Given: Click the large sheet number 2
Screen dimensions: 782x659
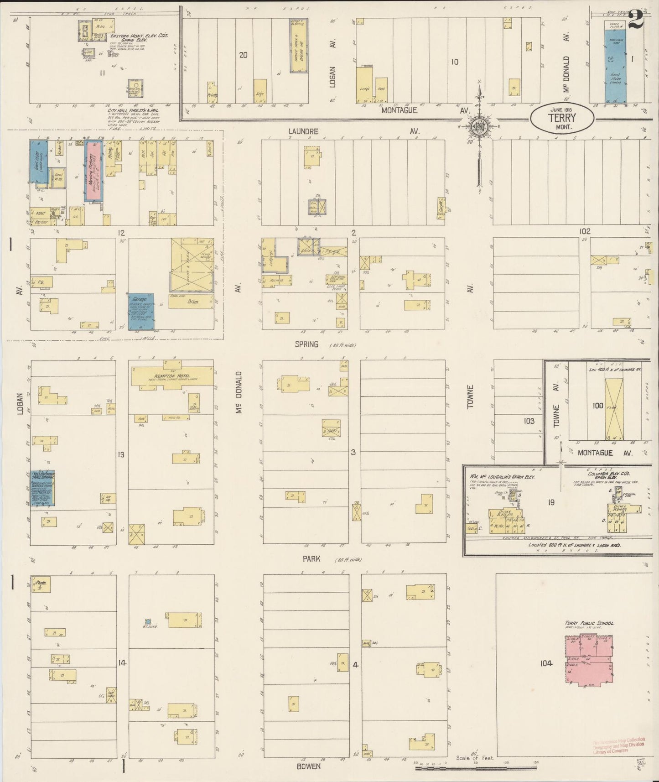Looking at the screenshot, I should click(x=636, y=19).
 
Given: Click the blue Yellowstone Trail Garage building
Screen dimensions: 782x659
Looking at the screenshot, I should click(x=43, y=488).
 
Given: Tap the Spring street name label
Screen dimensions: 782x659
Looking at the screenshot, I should click(x=306, y=344).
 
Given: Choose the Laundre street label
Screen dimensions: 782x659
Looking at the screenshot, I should click(x=303, y=131).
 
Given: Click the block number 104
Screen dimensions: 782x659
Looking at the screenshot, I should click(x=546, y=663).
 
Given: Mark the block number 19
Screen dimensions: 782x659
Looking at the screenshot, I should click(x=551, y=502).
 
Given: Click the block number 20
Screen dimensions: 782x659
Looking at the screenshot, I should click(x=243, y=55).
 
